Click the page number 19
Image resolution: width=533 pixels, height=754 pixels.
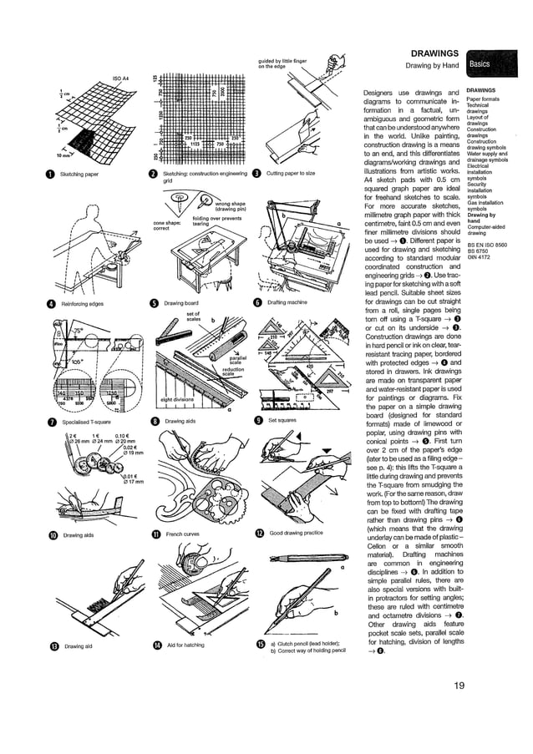[460, 687]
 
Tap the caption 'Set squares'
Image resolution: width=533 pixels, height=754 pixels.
[282, 422]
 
